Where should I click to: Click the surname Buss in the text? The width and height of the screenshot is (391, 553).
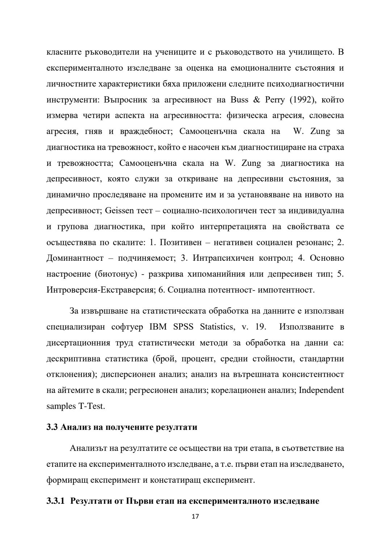[239, 100]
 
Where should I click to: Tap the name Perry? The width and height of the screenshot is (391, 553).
[275, 100]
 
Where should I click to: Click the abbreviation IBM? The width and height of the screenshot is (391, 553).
[158, 327]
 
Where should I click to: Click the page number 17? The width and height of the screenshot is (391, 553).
[195, 516]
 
